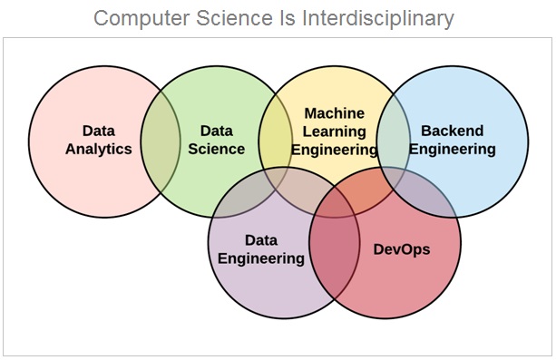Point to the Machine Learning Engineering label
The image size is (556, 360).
334,131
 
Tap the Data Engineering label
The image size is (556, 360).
274,248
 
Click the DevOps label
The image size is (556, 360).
401,248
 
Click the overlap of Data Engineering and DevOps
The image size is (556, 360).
334,254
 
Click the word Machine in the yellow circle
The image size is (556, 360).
334,113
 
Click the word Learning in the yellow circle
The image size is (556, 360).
334,131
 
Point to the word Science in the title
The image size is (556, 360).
245,17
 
